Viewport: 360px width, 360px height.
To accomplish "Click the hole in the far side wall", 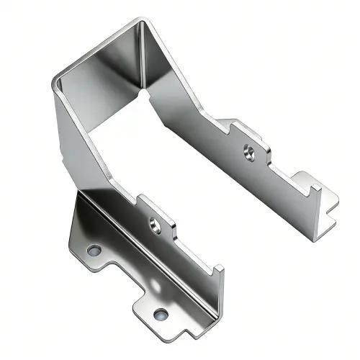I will (x=248, y=152).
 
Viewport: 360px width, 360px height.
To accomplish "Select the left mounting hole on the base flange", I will (x=94, y=251).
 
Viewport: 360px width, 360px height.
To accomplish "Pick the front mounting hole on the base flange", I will (x=160, y=314).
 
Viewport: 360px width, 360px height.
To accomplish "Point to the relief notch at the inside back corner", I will (x=147, y=94).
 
